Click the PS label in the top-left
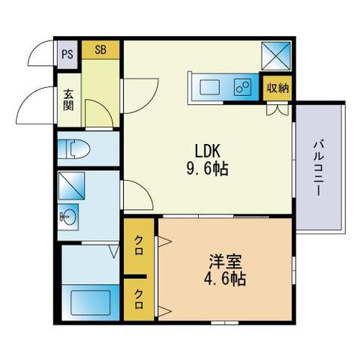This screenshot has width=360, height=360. coord(67,54)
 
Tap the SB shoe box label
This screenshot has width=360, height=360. coord(100,49)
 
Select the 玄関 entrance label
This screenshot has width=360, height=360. coord(68,100)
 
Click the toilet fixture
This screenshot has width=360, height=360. coord(73,149)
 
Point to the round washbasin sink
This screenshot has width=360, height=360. coord(68,217)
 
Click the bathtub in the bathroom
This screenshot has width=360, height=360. coord(91,302)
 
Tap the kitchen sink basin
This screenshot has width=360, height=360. coord(210,88)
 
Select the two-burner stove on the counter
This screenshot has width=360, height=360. coord(242,87)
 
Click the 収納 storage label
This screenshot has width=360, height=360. coord(277,88)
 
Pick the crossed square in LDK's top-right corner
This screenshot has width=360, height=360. coord(276,55)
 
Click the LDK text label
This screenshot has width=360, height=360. coord(208,151)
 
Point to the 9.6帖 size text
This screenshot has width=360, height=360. coord(207,169)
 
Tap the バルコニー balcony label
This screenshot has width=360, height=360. coord(319,169)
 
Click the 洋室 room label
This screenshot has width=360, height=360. coord(225,262)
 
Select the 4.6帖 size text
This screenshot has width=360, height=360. coord(225,279)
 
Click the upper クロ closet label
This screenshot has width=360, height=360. coord(139,246)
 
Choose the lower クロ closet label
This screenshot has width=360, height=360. coord(139,299)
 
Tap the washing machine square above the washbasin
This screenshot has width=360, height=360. coord(72,186)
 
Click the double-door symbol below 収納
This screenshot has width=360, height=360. coord(277,109)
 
